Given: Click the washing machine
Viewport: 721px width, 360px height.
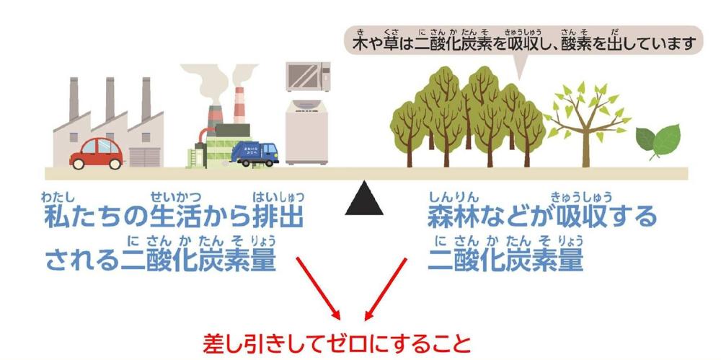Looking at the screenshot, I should pos(308,133).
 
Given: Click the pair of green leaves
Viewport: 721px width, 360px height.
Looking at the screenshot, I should pos(658,141).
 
